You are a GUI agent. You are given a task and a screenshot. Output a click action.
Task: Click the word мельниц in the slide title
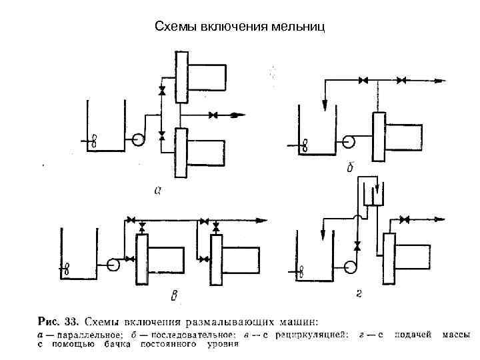(x=299, y=27)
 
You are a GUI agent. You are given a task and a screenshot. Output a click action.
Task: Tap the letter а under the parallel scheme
(x=158, y=191)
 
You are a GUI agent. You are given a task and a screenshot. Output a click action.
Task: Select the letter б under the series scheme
(x=351, y=169)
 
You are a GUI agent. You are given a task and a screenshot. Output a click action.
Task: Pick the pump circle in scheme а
(x=139, y=139)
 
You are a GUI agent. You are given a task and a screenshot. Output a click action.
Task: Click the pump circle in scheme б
(x=348, y=142)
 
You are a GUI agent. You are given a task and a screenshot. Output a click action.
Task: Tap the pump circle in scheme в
(x=113, y=263)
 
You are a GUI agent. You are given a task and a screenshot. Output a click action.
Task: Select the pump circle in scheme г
(x=351, y=266)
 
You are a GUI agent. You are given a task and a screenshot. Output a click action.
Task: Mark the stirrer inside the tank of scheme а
(x=93, y=141)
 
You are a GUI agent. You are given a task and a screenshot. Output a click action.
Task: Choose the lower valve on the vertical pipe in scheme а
(x=161, y=135)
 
